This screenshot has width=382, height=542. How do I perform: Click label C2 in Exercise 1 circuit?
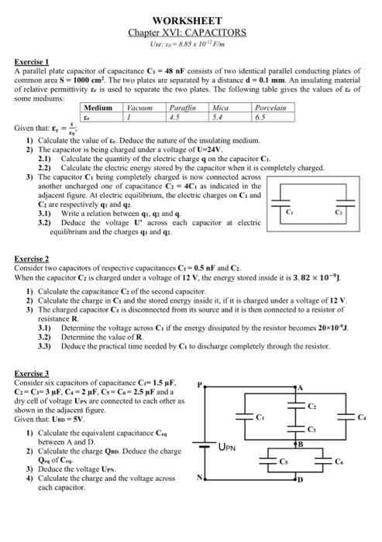pyautogui.click(x=339, y=211)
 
